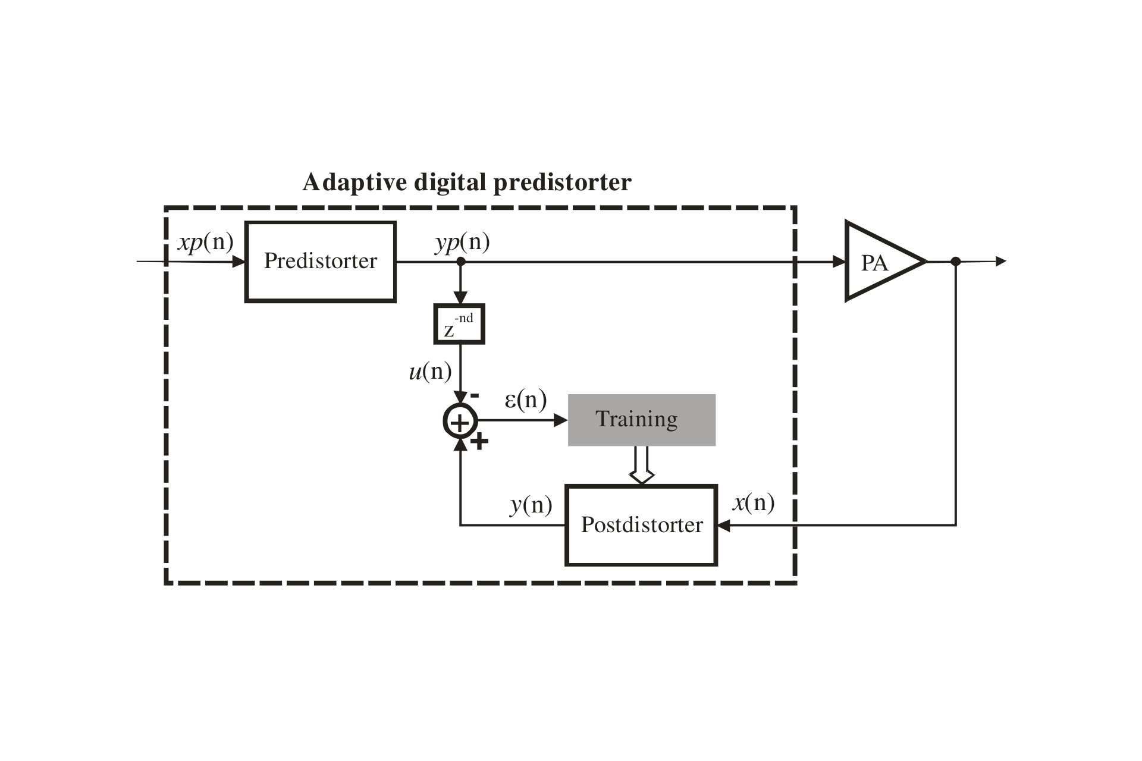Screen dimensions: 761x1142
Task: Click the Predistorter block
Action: coord(321,262)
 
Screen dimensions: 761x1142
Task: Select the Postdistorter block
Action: coord(641,525)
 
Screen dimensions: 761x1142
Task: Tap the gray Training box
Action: coord(641,420)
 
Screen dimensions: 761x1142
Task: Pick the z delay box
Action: coord(459,324)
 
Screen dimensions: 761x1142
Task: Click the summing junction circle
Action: coord(460,421)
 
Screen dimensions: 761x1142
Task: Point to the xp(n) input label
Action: coord(206,243)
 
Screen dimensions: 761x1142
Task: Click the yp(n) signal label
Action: coord(463,243)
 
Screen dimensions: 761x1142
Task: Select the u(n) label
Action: coord(430,372)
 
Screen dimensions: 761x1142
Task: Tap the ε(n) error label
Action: coord(525,400)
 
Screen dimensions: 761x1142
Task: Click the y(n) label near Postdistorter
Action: coord(531,505)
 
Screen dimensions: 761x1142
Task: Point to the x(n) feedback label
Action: coord(753,503)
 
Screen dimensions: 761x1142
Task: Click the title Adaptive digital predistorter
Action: coord(467,182)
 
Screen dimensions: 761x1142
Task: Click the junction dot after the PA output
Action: coord(956,262)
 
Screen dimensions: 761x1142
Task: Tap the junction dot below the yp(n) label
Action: coord(460,262)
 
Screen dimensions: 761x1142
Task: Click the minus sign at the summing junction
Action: coord(475,395)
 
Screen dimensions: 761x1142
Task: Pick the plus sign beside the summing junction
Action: coord(479,442)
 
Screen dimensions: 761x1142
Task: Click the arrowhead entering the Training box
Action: coord(560,420)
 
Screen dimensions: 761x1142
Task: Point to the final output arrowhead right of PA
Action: coord(1000,261)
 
